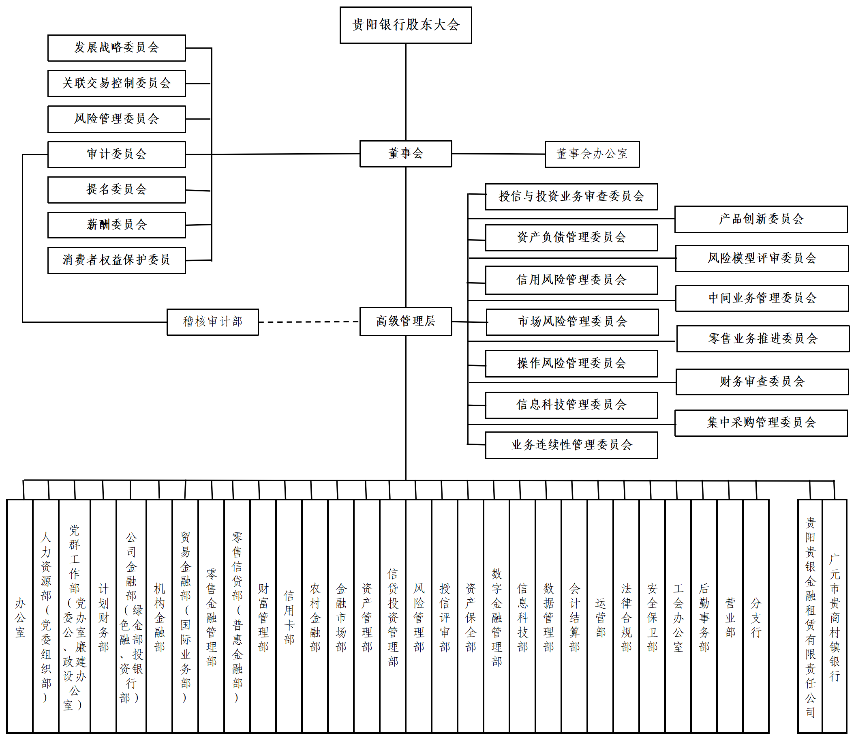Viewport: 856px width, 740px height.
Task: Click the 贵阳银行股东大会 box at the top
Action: [405, 25]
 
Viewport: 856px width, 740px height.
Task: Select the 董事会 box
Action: [405, 154]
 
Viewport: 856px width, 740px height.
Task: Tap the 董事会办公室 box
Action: [592, 154]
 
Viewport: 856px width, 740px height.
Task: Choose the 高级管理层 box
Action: [405, 321]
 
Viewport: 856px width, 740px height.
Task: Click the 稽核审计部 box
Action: [212, 322]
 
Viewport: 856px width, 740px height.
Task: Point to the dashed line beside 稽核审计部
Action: [308, 322]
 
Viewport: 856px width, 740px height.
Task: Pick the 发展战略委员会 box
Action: [116, 48]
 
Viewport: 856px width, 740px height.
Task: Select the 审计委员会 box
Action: [116, 154]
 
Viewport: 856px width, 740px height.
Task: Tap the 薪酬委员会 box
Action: [116, 225]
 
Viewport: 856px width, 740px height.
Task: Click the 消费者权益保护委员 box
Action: [116, 260]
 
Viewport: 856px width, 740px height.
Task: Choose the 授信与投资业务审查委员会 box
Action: [571, 196]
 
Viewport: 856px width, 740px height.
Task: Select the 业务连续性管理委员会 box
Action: [571, 445]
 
